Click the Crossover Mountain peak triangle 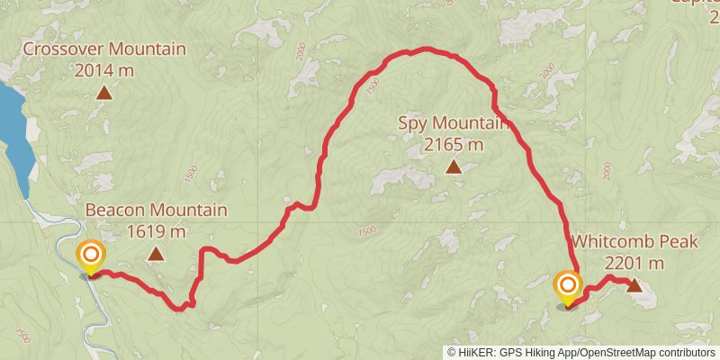point(104,92)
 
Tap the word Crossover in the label point(60,49)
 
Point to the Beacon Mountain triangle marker point(157,255)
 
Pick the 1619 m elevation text point(156,231)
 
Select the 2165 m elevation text point(454,143)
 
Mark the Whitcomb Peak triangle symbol point(634,286)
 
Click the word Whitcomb point(607,242)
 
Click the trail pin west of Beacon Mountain point(90,257)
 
